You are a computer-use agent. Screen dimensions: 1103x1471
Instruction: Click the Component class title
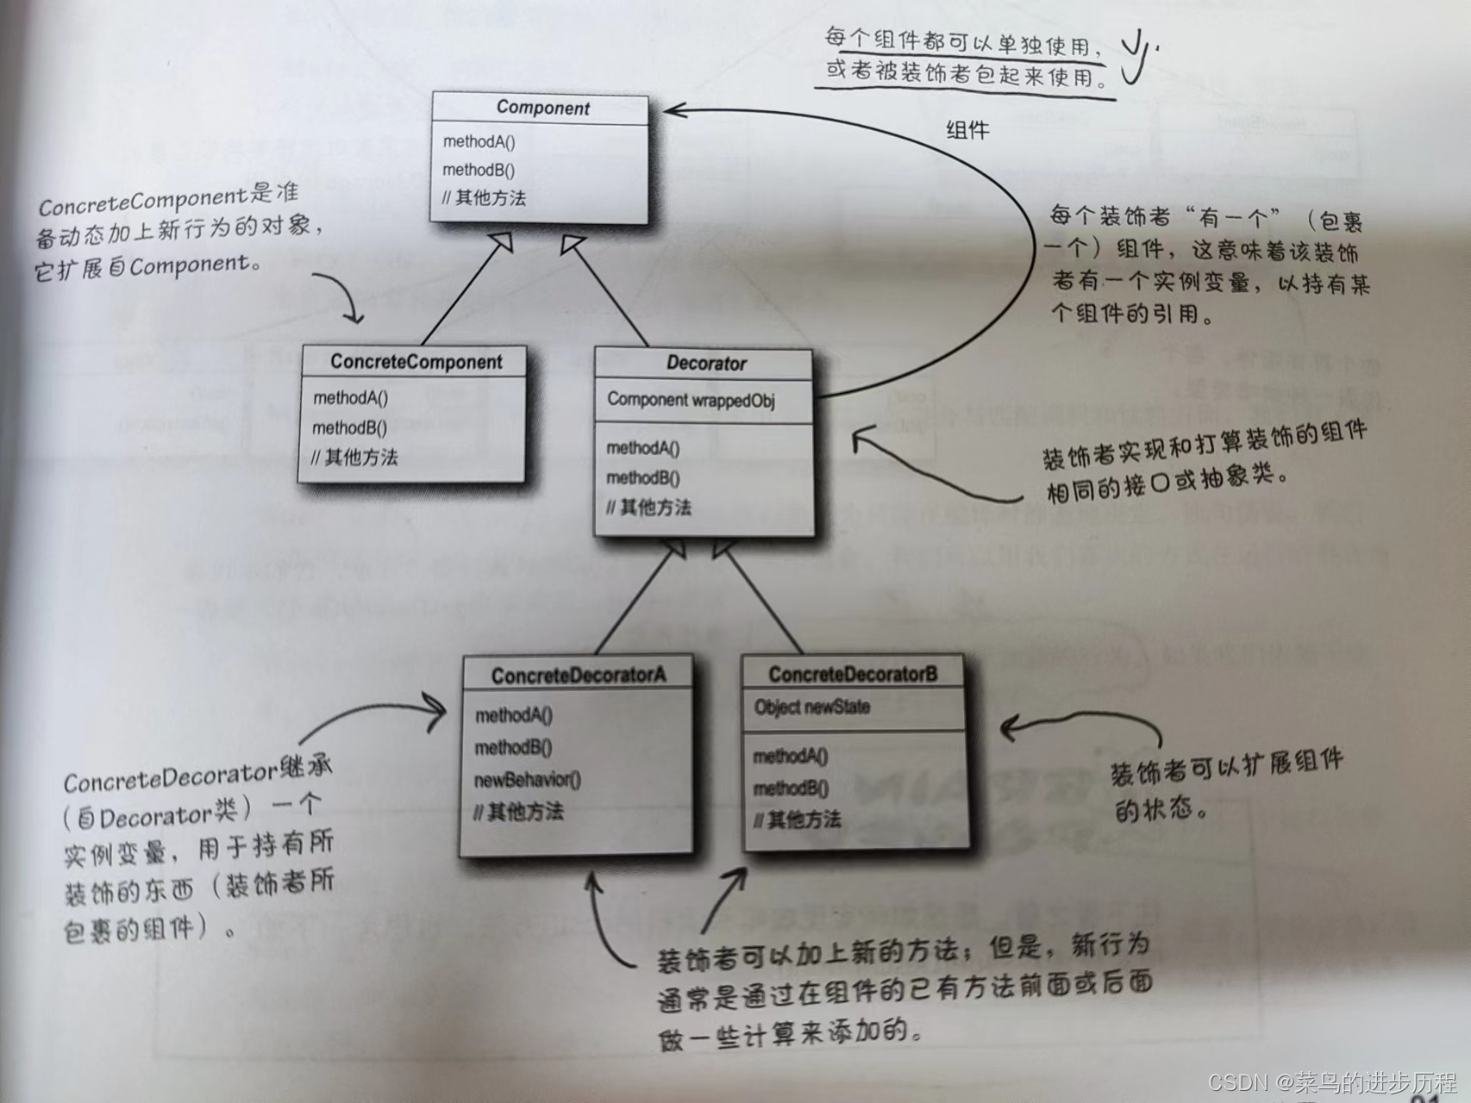pyautogui.click(x=542, y=108)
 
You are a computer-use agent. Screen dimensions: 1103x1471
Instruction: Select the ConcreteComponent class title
pyautogui.click(x=416, y=362)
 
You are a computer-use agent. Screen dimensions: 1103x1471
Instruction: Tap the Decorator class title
pyautogui.click(x=705, y=364)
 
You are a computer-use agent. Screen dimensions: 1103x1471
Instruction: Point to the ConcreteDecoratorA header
pyautogui.click(x=578, y=676)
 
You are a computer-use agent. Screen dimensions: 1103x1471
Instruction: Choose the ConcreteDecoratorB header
pyautogui.click(x=852, y=675)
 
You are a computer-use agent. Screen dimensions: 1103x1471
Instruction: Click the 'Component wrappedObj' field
pyautogui.click(x=691, y=400)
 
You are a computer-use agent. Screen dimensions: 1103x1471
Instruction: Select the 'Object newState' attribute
pyautogui.click(x=811, y=707)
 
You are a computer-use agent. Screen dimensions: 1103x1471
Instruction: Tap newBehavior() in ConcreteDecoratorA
pyautogui.click(x=527, y=780)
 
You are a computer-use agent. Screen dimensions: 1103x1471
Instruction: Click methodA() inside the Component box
pyautogui.click(x=479, y=141)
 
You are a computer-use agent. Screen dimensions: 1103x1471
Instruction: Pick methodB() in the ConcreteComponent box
pyautogui.click(x=349, y=427)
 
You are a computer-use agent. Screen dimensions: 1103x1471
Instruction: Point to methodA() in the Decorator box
pyautogui.click(x=642, y=448)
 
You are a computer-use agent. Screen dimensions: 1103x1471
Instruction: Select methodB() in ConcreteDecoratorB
pyautogui.click(x=790, y=788)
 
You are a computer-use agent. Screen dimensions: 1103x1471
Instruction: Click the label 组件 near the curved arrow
pyautogui.click(x=967, y=130)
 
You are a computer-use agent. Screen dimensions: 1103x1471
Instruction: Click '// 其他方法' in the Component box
pyautogui.click(x=484, y=198)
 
